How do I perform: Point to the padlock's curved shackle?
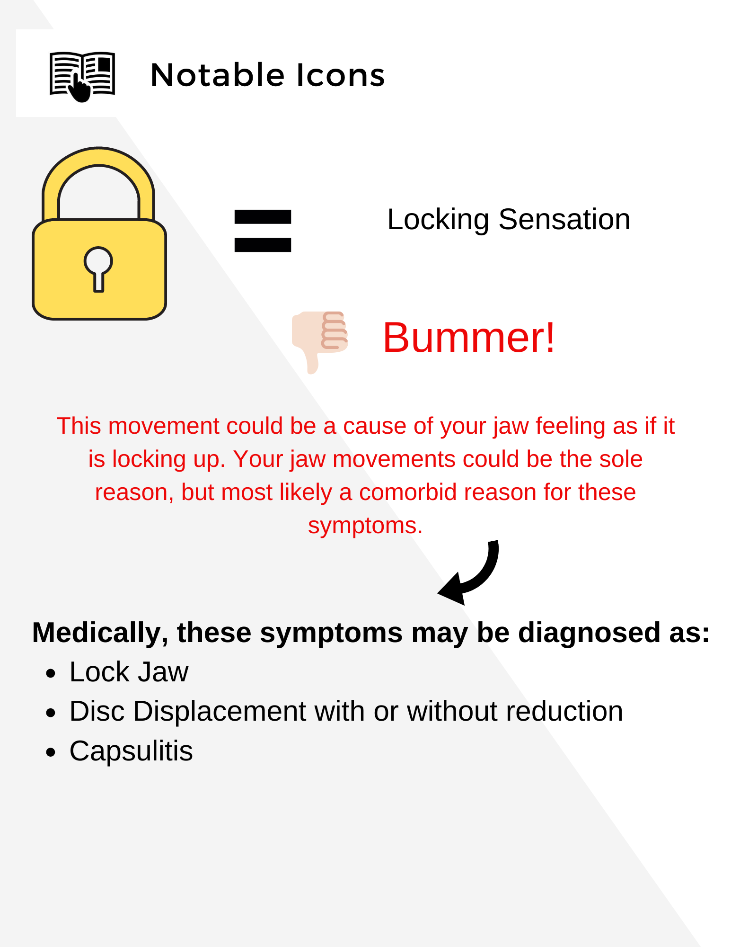[98, 156]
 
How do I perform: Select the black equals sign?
[263, 231]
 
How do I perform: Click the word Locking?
[438, 220]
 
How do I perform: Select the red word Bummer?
[468, 337]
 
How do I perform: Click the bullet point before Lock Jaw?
[51, 673]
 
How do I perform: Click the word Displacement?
[220, 711]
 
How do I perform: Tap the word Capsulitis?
[131, 751]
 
